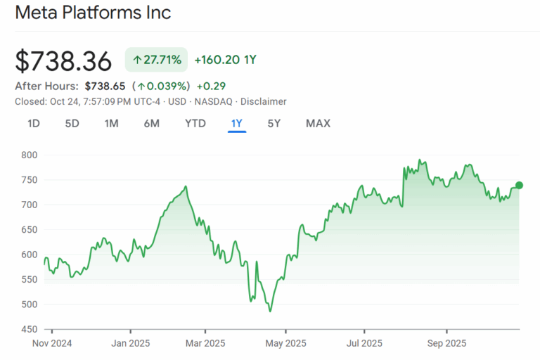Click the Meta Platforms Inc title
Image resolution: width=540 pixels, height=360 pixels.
tap(93, 13)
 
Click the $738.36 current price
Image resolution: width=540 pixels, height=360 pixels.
tap(63, 61)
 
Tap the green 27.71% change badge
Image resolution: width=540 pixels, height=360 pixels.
tap(157, 60)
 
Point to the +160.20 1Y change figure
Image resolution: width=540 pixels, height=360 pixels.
tap(225, 60)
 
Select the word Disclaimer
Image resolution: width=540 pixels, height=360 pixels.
tap(263, 101)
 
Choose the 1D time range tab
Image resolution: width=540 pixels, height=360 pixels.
tap(33, 124)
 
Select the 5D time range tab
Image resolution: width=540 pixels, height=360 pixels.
tap(72, 124)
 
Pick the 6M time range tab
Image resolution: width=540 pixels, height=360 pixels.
tap(151, 124)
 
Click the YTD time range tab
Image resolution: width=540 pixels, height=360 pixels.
tap(195, 124)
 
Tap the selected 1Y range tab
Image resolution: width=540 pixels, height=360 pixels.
tap(237, 124)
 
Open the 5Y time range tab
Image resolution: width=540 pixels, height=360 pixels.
tap(274, 124)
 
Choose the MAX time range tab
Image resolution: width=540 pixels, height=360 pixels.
tap(318, 124)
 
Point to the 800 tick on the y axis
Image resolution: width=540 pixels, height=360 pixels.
tap(30, 155)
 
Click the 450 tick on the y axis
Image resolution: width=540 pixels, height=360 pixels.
tap(30, 329)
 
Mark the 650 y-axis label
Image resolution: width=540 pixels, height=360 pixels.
tap(30, 229)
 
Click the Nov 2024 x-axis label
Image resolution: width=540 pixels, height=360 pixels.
tap(52, 344)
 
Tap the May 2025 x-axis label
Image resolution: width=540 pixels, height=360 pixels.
tap(286, 344)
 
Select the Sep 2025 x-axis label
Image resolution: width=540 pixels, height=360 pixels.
tap(447, 344)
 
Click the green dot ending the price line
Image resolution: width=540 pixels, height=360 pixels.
tap(520, 186)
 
